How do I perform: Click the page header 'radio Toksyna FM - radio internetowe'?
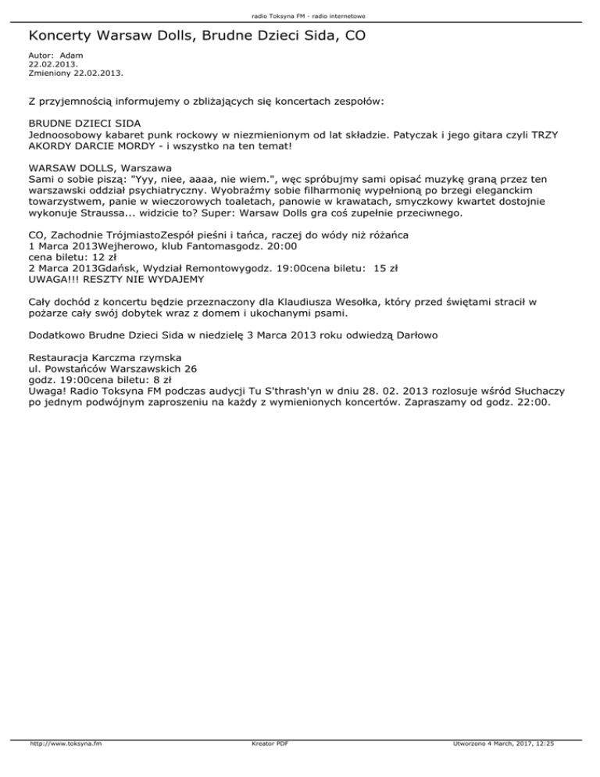[x=300, y=15]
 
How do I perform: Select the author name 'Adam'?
[x=71, y=55]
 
